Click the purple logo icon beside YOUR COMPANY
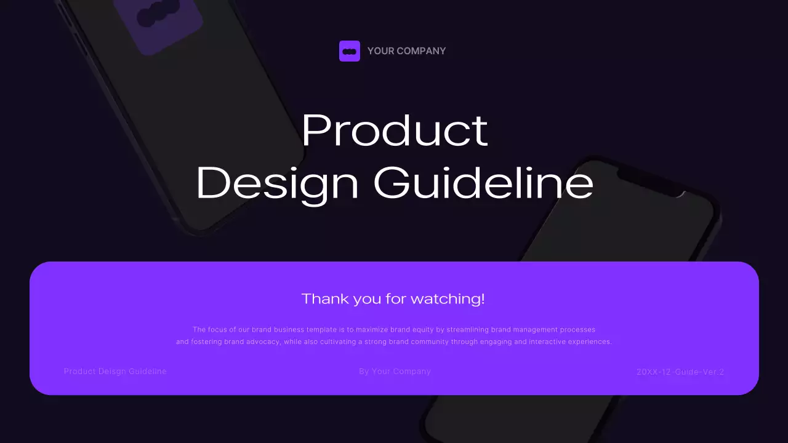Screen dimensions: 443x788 click(350, 51)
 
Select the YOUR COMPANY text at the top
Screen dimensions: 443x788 click(406, 51)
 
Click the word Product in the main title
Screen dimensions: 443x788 click(395, 130)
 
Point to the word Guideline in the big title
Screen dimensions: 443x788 click(484, 183)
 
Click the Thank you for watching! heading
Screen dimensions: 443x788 click(393, 299)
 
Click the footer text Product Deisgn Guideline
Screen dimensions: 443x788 click(115, 372)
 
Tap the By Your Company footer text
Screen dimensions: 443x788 click(395, 372)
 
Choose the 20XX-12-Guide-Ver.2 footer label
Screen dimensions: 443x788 click(680, 372)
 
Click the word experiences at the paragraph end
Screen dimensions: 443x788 click(589, 342)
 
